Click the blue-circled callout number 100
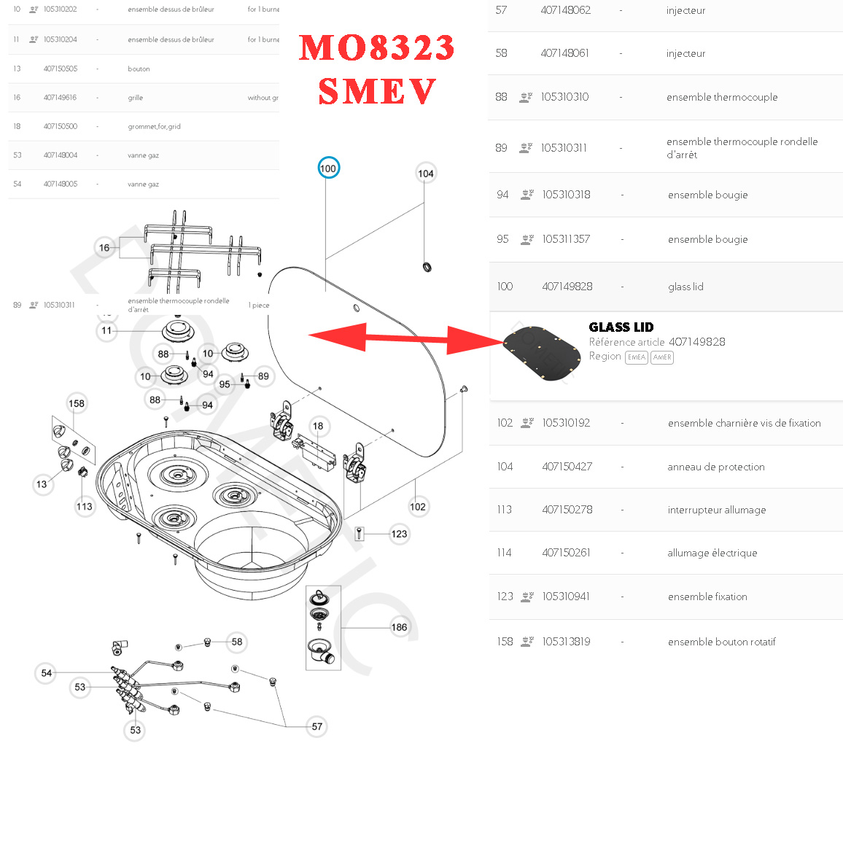pyautogui.click(x=328, y=168)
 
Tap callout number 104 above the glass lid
pyautogui.click(x=426, y=174)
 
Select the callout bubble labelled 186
pyautogui.click(x=400, y=627)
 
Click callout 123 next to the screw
pyautogui.click(x=399, y=534)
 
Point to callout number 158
pyautogui.click(x=77, y=403)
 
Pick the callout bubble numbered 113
pyautogui.click(x=85, y=506)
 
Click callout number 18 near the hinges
pyautogui.click(x=318, y=426)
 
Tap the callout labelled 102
pyautogui.click(x=418, y=507)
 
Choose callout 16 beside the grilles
pyautogui.click(x=104, y=248)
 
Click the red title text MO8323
pyautogui.click(x=377, y=48)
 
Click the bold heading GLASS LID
pyautogui.click(x=621, y=327)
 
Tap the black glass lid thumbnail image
pyautogui.click(x=543, y=354)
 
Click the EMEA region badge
pyautogui.click(x=637, y=357)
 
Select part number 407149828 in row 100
pyautogui.click(x=567, y=287)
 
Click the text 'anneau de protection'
pyautogui.click(x=716, y=467)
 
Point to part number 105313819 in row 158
pyautogui.click(x=567, y=642)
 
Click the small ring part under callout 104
pyautogui.click(x=427, y=267)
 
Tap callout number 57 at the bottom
pyautogui.click(x=317, y=726)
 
